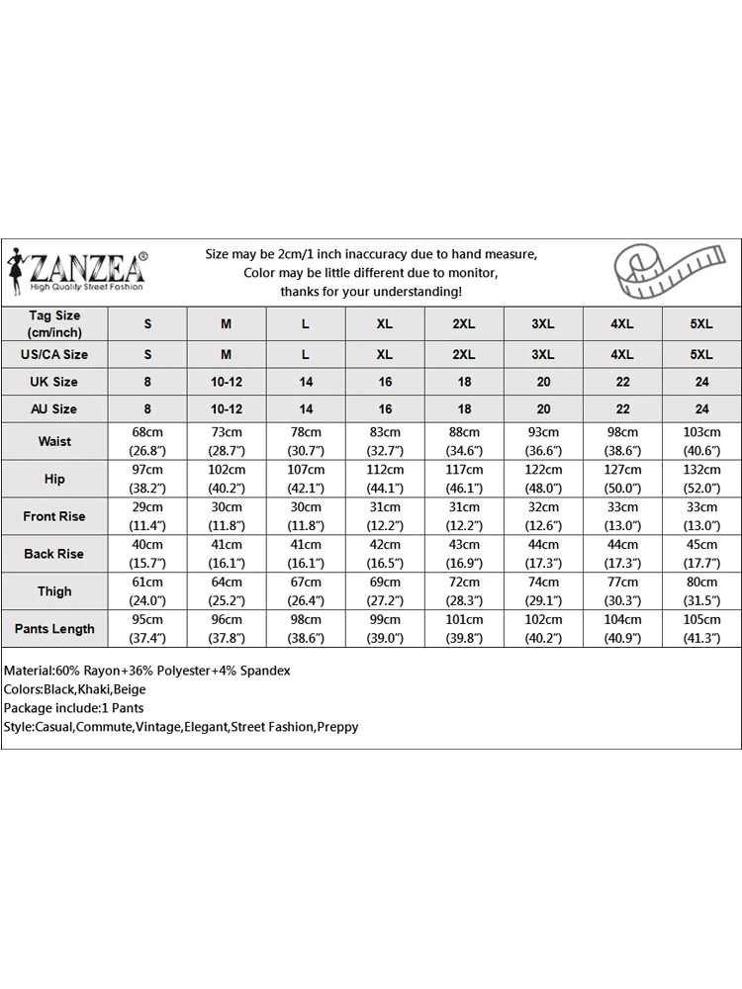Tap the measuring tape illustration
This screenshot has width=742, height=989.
point(658,270)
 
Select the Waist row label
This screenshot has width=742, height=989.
point(54,441)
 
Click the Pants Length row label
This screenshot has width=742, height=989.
point(54,629)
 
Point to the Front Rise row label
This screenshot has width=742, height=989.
point(54,516)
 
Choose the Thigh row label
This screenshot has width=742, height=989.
point(54,591)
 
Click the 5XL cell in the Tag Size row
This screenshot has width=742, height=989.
point(701,324)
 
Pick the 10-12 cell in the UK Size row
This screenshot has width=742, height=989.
point(226,382)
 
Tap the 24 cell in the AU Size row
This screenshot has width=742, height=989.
point(701,408)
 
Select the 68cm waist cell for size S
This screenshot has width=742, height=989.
point(147,433)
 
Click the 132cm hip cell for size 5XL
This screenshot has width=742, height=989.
point(701,471)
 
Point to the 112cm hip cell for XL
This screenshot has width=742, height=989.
point(385,471)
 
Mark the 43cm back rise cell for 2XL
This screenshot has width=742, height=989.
point(464,546)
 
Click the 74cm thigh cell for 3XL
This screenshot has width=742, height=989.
point(543,584)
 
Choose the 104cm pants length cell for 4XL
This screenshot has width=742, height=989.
point(622,620)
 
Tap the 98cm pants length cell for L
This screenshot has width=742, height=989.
point(306,620)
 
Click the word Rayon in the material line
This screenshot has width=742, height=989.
point(99,671)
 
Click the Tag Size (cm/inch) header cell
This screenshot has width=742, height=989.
point(54,323)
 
